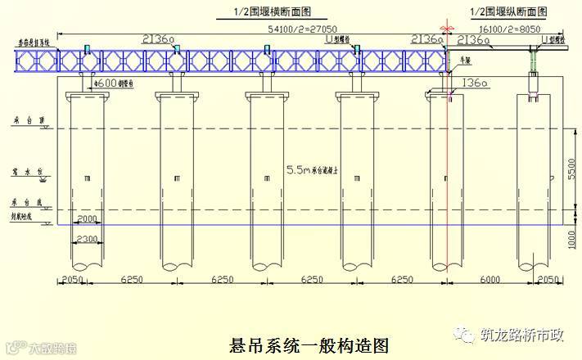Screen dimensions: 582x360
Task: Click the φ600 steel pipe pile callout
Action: pyautogui.click(x=113, y=83)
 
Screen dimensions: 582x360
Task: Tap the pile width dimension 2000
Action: pyautogui.click(x=87, y=219)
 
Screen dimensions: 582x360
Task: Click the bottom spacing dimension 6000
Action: pyautogui.click(x=490, y=279)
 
